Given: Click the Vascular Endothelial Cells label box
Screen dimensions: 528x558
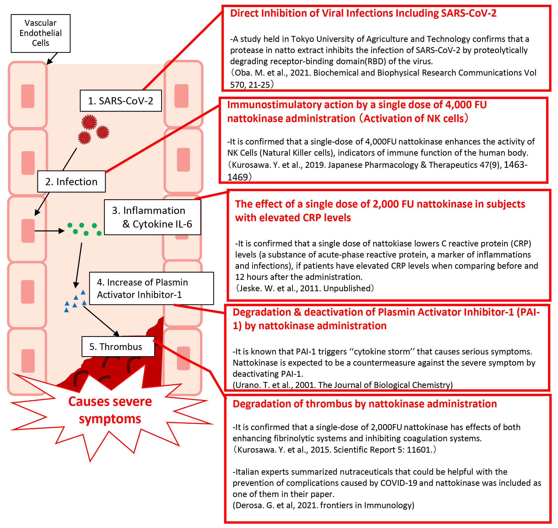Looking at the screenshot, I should (40, 33).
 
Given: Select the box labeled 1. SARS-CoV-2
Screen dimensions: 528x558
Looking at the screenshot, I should (121, 101).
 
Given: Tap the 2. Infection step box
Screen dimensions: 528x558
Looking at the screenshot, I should (71, 181).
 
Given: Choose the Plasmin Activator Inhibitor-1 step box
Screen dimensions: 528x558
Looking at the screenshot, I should (151, 288).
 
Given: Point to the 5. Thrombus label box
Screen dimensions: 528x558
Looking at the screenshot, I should (118, 347).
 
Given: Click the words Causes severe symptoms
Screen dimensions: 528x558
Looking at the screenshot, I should (110, 410).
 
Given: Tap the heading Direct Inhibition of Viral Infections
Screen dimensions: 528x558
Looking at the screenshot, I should (363, 13).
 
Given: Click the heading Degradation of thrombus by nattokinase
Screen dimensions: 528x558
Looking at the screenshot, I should (365, 404).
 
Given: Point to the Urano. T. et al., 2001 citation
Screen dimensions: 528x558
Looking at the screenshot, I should (342, 385).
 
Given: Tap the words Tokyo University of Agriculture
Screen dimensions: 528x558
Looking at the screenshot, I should (358, 39).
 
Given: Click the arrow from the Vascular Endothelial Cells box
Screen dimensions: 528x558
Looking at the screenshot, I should (52, 59).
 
